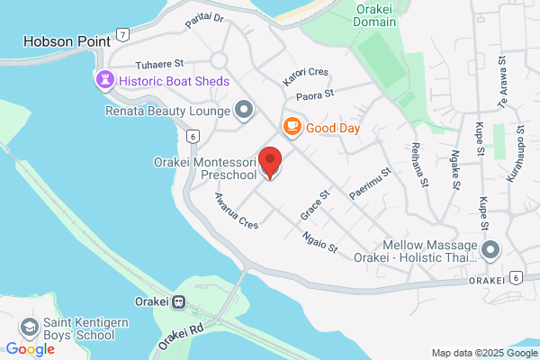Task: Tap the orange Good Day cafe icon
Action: [292, 128]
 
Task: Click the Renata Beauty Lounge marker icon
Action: [243, 111]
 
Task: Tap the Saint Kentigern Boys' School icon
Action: [30, 328]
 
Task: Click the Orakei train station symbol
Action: [180, 302]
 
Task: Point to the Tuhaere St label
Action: [158, 65]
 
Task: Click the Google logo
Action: [30, 349]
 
